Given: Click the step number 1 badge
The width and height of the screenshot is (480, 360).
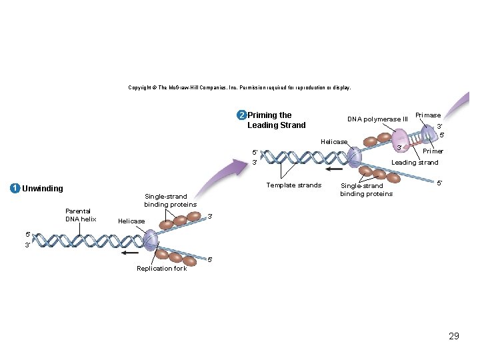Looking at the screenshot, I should click(x=14, y=188).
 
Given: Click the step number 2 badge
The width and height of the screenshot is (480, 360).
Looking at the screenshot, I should click(x=241, y=115).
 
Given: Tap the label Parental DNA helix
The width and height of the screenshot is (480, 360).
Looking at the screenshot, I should click(x=81, y=215).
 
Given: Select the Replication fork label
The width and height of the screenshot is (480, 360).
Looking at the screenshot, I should click(x=161, y=268).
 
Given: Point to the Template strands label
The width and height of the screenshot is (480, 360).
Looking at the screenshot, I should click(x=293, y=185).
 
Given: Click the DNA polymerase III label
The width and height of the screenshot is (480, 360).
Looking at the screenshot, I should click(x=377, y=119).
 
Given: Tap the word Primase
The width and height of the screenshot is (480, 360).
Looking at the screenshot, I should click(x=427, y=115).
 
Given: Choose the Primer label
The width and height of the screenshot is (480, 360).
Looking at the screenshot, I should click(x=433, y=151).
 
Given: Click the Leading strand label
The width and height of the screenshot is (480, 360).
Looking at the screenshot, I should click(x=415, y=162).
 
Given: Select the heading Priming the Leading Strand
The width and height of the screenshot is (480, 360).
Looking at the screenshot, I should click(x=276, y=120).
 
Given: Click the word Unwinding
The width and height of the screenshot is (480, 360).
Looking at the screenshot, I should click(x=43, y=188).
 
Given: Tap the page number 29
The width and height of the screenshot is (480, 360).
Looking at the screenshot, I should click(x=454, y=336).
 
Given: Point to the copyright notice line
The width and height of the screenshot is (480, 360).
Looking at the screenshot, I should click(x=239, y=87).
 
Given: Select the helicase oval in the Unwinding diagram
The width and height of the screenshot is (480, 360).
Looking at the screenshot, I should click(x=151, y=239).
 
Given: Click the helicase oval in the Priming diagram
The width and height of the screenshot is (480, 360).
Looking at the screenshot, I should click(x=354, y=157).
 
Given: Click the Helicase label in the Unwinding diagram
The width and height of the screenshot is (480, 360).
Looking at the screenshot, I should click(x=131, y=221).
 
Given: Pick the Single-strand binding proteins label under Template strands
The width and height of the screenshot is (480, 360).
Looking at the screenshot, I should click(x=366, y=190).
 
